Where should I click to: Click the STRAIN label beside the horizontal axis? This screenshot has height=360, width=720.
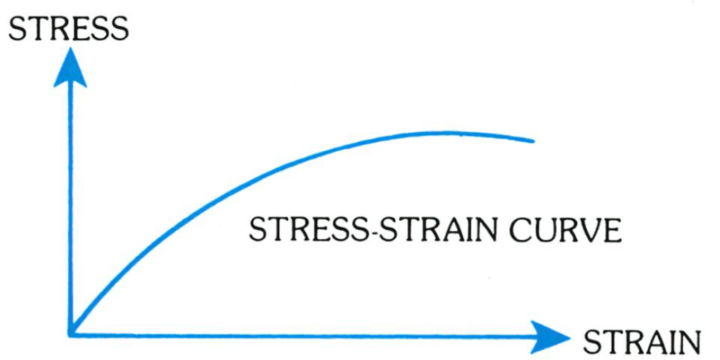pos(641,342)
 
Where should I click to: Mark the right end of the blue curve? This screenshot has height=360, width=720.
pos(533,141)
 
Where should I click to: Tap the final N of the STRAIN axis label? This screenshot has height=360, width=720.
pos(689,342)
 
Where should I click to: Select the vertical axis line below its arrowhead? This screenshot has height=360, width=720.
pos(70,211)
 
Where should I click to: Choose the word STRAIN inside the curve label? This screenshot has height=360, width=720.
pos(436,230)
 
